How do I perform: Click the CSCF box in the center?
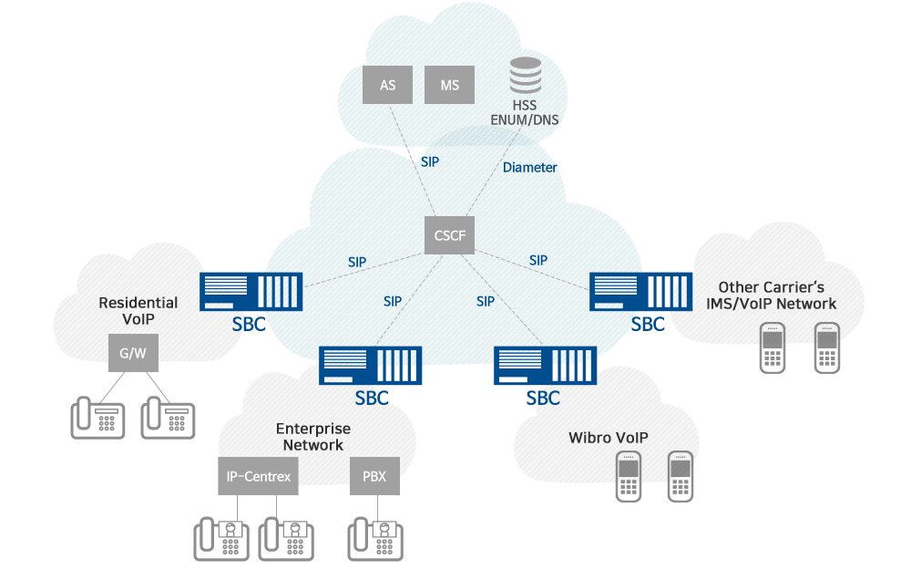[x=450, y=235]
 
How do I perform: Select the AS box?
[x=387, y=86]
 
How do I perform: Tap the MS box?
[x=449, y=86]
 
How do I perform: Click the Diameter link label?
[x=529, y=168]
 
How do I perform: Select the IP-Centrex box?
[x=258, y=476]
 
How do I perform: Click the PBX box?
[x=374, y=476]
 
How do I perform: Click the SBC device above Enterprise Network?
[x=371, y=366]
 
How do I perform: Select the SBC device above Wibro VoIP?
[x=544, y=366]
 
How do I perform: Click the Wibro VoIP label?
[x=608, y=438]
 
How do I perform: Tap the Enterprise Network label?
[x=312, y=437]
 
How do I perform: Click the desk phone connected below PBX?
[x=375, y=538]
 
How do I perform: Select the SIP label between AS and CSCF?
[x=430, y=161]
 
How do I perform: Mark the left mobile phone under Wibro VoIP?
[x=628, y=476]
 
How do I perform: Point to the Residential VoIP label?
[x=138, y=311]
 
